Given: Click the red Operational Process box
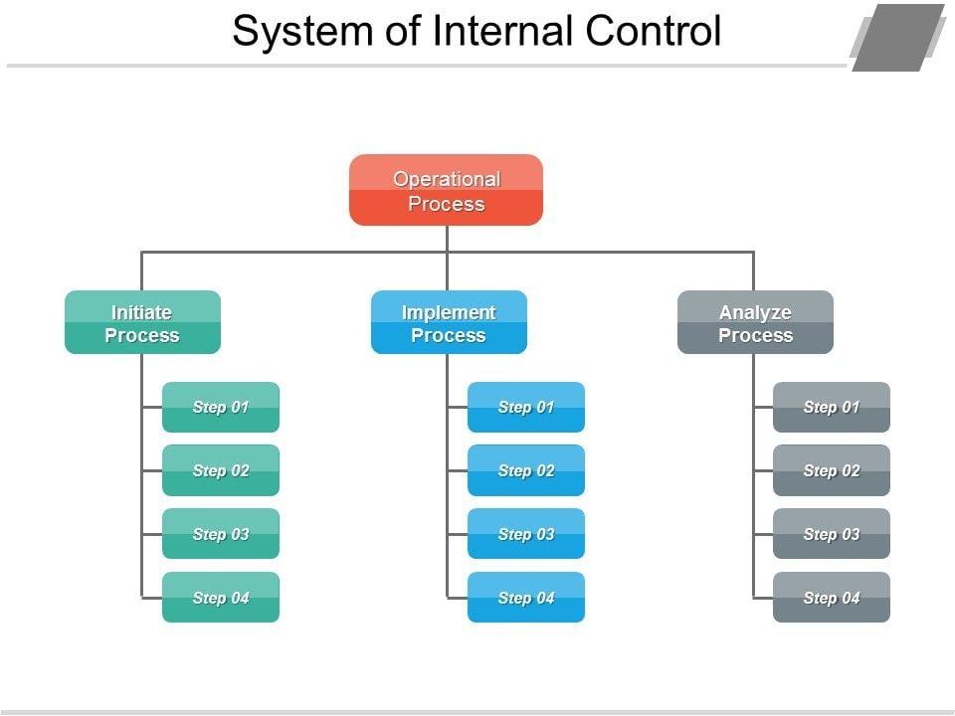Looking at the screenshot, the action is pos(446,190).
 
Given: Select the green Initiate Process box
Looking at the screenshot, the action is pos(142,322).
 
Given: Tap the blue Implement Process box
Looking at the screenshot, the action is pos(449,322).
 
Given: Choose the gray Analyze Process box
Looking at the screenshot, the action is pos(755,322).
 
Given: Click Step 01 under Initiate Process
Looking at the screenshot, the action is pos(221,408).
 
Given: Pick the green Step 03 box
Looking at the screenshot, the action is pos(221,534).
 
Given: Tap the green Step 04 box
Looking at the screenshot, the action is pos(221,598).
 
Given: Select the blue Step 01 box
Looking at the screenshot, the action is pos(526,408).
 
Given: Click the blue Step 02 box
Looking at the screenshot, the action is pos(526,470).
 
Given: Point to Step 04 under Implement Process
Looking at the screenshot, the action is pos(526,598).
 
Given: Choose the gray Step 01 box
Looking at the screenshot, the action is pos(832,408).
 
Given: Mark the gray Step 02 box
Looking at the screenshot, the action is pos(832,470).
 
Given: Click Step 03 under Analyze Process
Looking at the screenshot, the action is pos(832,534).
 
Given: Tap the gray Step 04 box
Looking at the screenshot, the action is pos(832,598).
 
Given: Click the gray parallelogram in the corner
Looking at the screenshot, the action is pos(898,38).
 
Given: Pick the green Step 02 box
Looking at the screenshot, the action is pos(221,470).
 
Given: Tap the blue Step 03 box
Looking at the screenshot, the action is pos(526,534).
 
